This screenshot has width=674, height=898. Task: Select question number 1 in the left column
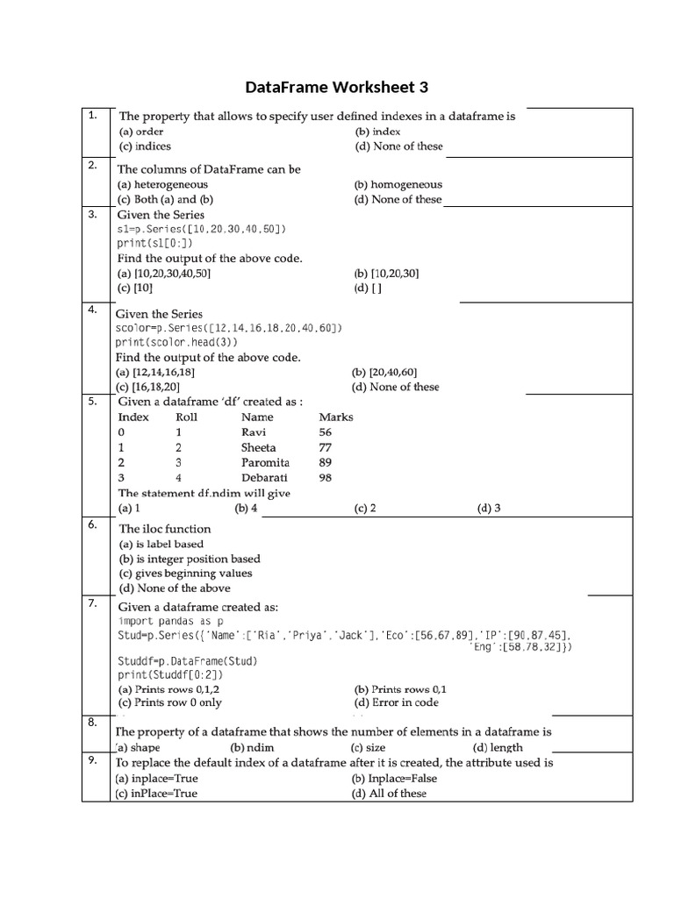click(x=92, y=116)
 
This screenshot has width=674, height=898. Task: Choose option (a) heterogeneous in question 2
click(x=163, y=184)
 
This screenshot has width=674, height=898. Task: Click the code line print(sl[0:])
click(x=154, y=244)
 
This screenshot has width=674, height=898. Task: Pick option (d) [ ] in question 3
click(x=368, y=288)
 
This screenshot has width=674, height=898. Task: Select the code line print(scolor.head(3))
click(x=176, y=343)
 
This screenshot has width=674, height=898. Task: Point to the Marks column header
click(x=336, y=417)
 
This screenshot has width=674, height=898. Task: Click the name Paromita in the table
click(x=266, y=462)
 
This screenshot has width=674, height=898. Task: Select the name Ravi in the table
click(x=253, y=432)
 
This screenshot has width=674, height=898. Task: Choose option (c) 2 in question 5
click(x=365, y=508)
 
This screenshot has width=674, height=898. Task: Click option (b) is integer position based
click(x=190, y=559)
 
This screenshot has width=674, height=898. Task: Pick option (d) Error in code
click(x=396, y=702)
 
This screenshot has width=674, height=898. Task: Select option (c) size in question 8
click(x=369, y=748)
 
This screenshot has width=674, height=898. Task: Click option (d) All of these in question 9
click(x=390, y=793)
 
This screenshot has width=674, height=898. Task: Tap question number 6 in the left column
click(x=92, y=524)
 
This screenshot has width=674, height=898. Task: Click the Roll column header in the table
click(x=187, y=417)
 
